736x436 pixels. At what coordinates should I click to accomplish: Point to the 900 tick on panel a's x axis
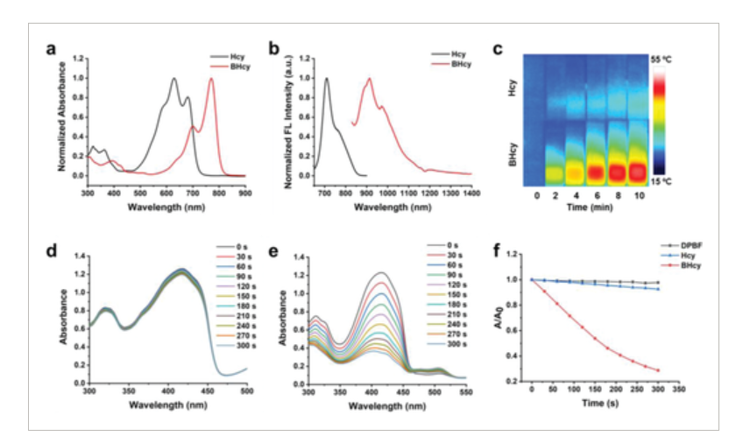[x=245, y=191]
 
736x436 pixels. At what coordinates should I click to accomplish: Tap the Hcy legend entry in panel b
[x=460, y=53]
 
